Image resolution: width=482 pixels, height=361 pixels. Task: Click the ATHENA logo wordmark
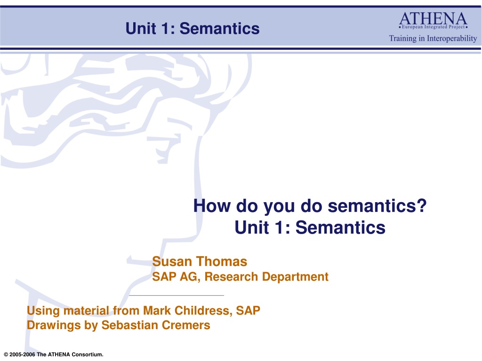[x=433, y=18]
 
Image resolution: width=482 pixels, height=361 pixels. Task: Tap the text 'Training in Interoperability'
[x=433, y=39]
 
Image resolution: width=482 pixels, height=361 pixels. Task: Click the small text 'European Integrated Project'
[x=434, y=27]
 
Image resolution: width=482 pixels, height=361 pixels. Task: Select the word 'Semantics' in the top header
[x=219, y=29]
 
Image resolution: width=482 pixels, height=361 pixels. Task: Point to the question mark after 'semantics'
[x=422, y=205]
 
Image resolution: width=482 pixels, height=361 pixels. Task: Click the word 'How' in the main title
[x=212, y=206]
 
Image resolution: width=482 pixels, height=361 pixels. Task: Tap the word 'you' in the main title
[x=279, y=207]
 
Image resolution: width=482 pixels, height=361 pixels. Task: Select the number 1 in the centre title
[x=279, y=228]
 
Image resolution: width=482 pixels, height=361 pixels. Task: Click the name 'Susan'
[x=172, y=261]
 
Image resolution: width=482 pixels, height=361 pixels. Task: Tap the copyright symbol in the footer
[x=6, y=354]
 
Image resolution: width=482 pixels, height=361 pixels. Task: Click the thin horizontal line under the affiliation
[x=177, y=295]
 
